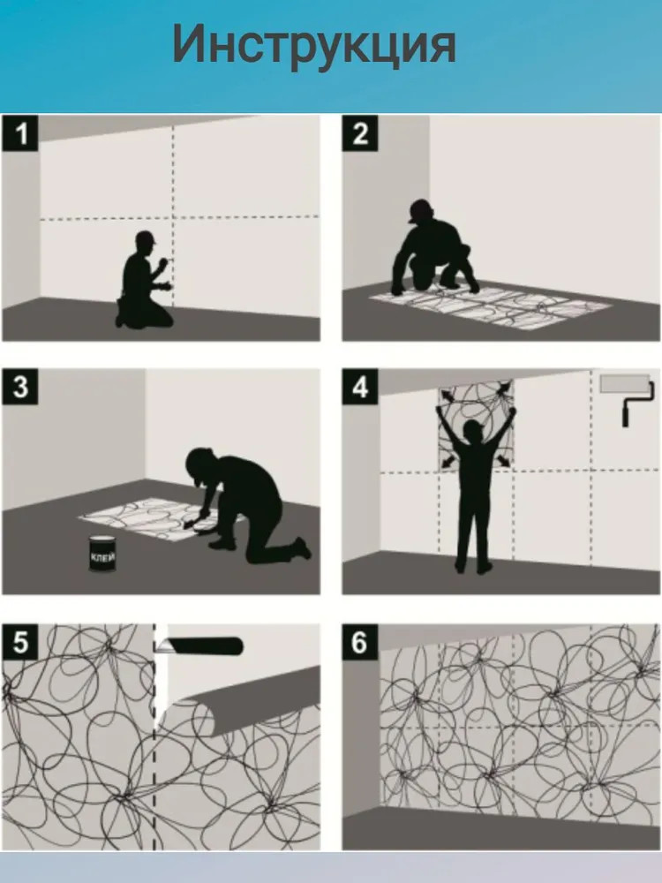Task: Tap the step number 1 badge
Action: coord(20,133)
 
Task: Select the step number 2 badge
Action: coord(360,133)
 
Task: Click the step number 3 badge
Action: coord(20,387)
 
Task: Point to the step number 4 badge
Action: coord(360,387)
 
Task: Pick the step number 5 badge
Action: coord(20,641)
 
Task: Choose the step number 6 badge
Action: coord(360,641)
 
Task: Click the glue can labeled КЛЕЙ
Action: coord(102,555)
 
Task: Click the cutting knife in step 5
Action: coord(199,646)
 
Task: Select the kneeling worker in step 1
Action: coord(144,280)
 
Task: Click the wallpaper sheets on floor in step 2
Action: coord(491,308)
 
